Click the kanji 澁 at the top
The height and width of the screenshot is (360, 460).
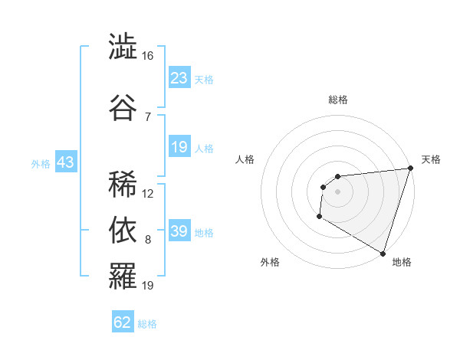click(123, 47)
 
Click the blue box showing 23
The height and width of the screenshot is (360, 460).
click(179, 78)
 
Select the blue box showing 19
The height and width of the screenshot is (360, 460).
click(179, 147)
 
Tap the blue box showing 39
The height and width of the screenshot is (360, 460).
click(179, 231)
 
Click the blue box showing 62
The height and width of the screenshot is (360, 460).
click(123, 322)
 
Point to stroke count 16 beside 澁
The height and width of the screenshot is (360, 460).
click(148, 56)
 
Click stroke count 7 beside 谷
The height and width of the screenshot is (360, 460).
click(148, 116)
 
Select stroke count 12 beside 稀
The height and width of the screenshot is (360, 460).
click(148, 194)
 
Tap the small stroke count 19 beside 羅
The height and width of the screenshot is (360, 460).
click(148, 286)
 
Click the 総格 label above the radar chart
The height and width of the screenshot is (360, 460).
click(337, 100)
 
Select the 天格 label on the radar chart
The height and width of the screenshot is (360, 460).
click(431, 159)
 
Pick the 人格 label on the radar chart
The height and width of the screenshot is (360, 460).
click(245, 159)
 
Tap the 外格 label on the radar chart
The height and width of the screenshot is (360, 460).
click(270, 262)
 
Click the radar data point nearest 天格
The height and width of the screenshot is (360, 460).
click(409, 169)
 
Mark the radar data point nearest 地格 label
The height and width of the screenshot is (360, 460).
click(383, 253)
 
